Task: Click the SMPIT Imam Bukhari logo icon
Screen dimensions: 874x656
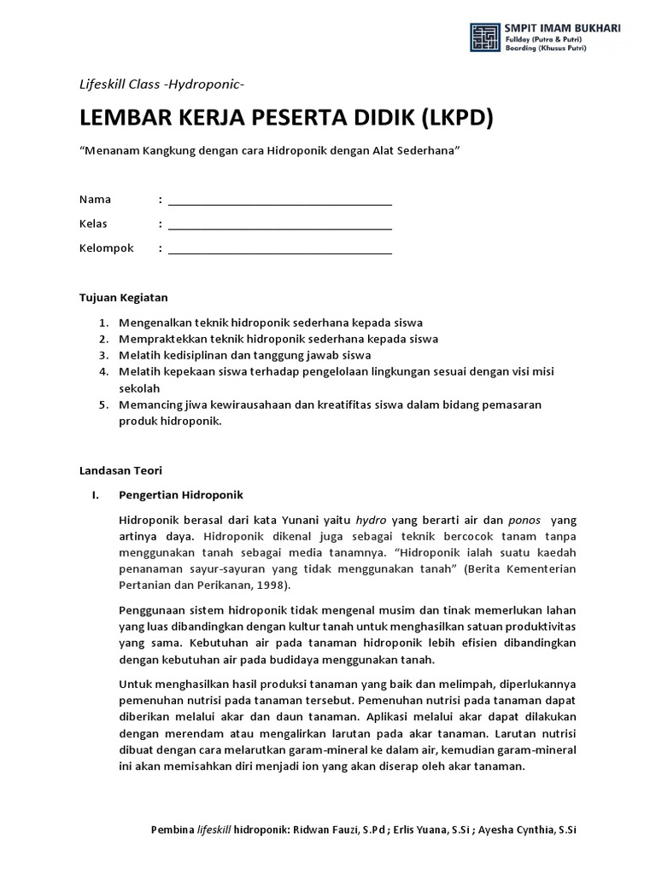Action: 485,38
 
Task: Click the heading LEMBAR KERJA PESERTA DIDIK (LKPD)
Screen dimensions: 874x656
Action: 286,118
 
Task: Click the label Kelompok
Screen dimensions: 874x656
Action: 107,248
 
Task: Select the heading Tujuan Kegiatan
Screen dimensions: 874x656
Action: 123,298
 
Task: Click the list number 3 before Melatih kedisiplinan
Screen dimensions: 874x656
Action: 102,355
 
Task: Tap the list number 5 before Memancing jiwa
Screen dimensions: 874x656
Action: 102,405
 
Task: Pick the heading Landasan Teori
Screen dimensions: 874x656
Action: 120,470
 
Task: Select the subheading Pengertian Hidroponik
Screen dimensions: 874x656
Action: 181,495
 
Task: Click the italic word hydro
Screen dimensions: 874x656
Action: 371,520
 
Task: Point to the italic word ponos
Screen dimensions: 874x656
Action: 524,520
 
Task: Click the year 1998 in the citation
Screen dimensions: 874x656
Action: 272,586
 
